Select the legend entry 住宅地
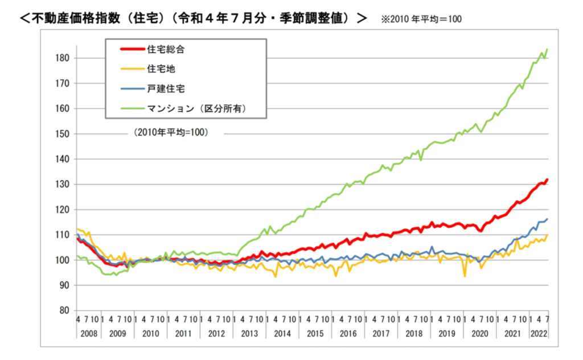click(x=162, y=69)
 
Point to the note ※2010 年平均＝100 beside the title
click(x=422, y=19)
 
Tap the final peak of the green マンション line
click(x=547, y=49)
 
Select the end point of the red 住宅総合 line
click(x=547, y=179)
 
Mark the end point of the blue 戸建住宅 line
click(x=547, y=219)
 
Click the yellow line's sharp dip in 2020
click(x=465, y=276)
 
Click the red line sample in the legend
click(x=132, y=50)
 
